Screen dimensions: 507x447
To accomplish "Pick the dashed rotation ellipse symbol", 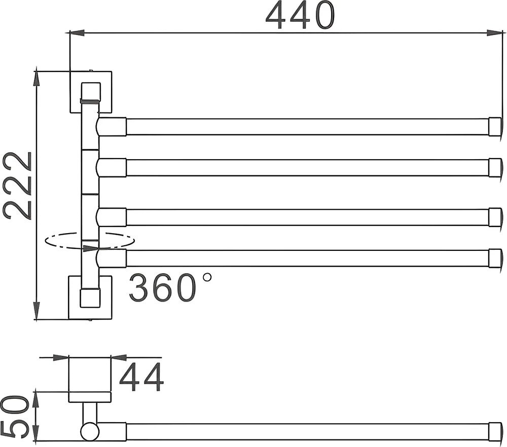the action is click(89, 241).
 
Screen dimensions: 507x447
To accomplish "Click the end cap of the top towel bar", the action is click(495, 127).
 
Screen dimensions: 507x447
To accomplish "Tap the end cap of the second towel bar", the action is click(495, 167).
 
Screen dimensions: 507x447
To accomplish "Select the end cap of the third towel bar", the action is click(495, 217).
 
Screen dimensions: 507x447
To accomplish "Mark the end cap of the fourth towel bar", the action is click(495, 257).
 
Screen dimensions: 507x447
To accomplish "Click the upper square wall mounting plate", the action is click(90, 91).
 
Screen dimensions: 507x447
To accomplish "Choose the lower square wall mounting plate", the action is click(90, 297).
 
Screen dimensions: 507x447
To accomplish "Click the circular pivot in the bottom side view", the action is click(90, 431).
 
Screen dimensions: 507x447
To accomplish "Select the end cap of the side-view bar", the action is click(495, 431).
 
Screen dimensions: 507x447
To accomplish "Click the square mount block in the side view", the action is click(90, 374).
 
